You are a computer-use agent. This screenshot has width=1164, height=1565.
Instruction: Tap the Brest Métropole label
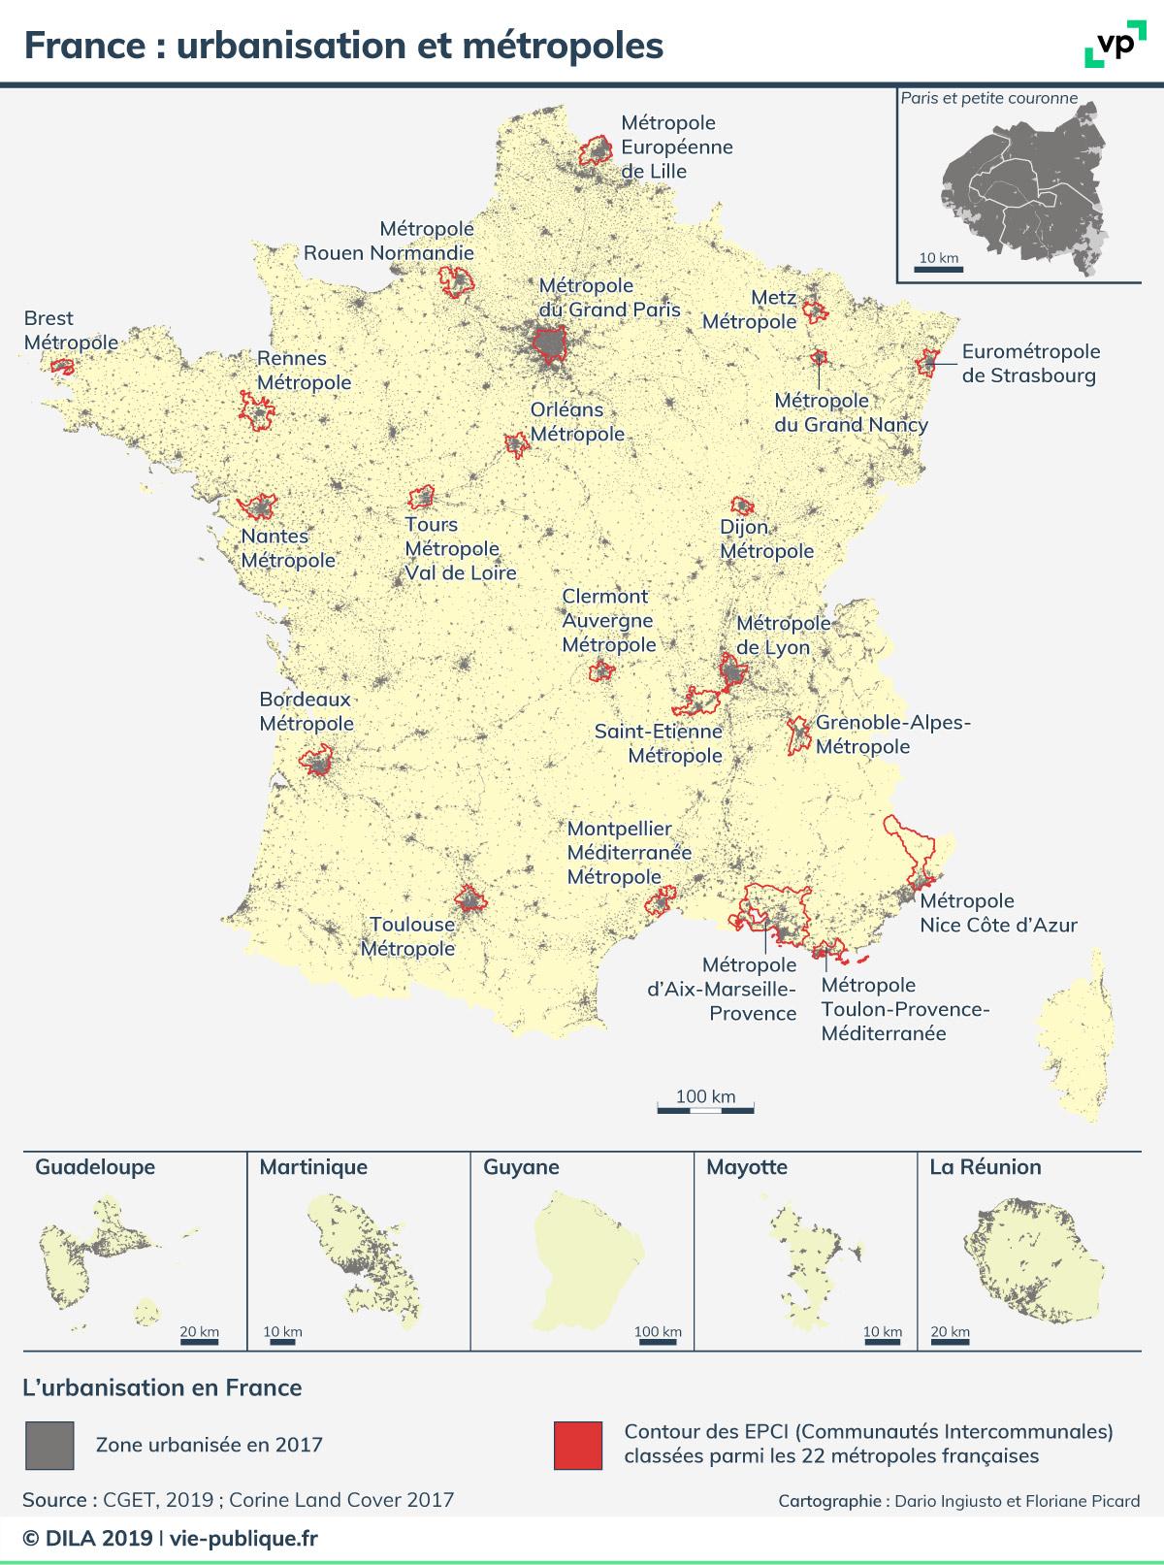[x=70, y=330]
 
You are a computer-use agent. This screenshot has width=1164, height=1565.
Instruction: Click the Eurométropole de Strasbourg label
[x=1030, y=364]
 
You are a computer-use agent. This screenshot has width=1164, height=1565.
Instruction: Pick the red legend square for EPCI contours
[x=577, y=1445]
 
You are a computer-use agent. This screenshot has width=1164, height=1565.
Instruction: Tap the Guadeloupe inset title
[x=95, y=1167]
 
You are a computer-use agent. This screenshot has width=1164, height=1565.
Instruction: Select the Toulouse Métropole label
[x=407, y=936]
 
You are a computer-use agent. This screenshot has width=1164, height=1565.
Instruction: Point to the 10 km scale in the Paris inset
[x=937, y=263]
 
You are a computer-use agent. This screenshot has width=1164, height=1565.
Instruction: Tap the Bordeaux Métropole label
[x=306, y=711]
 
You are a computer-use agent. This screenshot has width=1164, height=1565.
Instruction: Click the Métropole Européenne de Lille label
[x=676, y=147]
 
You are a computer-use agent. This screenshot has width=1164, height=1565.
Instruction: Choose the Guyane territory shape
[x=588, y=1261]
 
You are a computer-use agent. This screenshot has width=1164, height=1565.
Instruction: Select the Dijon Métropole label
[x=765, y=538]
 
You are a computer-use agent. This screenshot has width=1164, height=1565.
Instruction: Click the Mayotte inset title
[x=747, y=1167]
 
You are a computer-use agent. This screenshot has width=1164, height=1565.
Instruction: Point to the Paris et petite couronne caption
[x=988, y=98]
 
